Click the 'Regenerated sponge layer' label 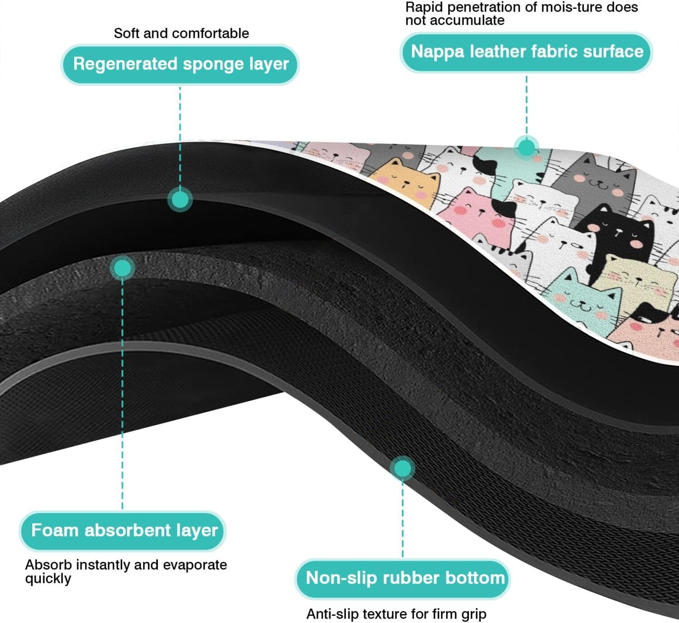(x=180, y=64)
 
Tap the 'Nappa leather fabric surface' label (x=526, y=52)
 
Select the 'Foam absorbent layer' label (x=123, y=531)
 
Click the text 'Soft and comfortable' (x=181, y=33)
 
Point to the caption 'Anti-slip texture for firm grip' (x=396, y=614)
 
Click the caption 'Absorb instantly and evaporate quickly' (x=125, y=571)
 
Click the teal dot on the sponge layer (x=180, y=200)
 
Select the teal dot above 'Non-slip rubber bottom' (x=402, y=468)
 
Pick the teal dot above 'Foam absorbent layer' (x=122, y=268)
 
